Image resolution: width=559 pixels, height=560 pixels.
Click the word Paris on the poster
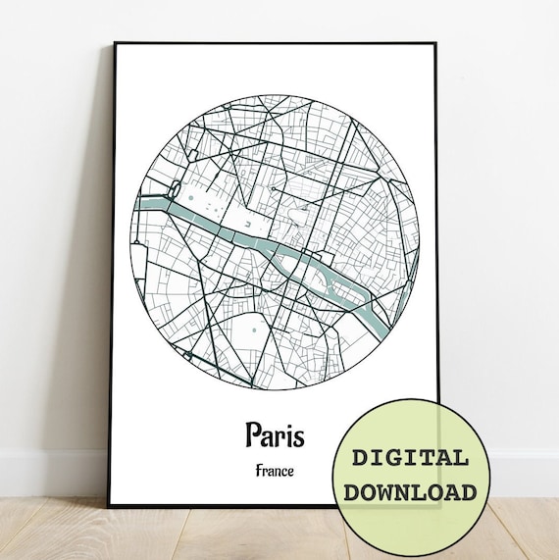[x=275, y=433]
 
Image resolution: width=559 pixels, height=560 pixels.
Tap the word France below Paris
[x=275, y=471]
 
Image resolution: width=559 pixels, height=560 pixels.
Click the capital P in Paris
[x=254, y=433]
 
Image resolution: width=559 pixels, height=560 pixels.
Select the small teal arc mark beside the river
[x=253, y=225]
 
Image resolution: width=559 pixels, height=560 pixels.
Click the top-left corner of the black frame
[x=115, y=43]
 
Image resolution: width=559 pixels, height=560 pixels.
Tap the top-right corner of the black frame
[x=438, y=43]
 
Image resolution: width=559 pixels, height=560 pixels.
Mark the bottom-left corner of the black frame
[x=109, y=505]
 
